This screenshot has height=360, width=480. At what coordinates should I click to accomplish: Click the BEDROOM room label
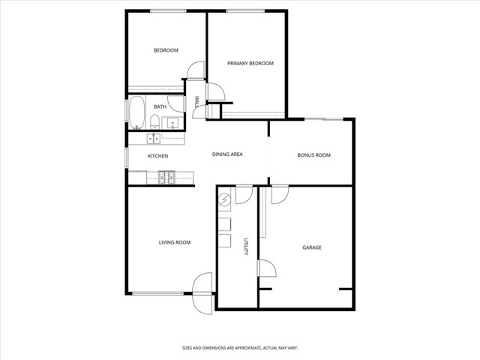pyautogui.click(x=166, y=50)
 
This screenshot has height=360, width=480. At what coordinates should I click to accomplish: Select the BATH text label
pyautogui.click(x=160, y=107)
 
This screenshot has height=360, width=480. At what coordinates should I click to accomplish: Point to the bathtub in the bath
pyautogui.click(x=137, y=112)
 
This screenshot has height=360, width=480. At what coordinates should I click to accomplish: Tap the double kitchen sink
pyautogui.click(x=154, y=138)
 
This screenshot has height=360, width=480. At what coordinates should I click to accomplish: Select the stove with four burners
pyautogui.click(x=166, y=177)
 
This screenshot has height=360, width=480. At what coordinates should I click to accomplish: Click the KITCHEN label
pyautogui.click(x=157, y=156)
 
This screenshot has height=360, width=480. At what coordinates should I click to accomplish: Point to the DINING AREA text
pyautogui.click(x=227, y=154)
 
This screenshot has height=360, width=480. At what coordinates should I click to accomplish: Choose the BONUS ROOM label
pyautogui.click(x=313, y=155)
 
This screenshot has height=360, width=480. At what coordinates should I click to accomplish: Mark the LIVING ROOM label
pyautogui.click(x=174, y=242)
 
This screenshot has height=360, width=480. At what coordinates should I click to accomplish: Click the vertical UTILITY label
pyautogui.click(x=246, y=247)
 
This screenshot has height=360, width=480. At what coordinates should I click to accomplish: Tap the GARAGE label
pyautogui.click(x=312, y=247)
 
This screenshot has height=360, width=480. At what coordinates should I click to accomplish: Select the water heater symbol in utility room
pyautogui.click(x=226, y=201)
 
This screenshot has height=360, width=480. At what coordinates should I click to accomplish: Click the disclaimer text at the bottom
pyautogui.click(x=240, y=348)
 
